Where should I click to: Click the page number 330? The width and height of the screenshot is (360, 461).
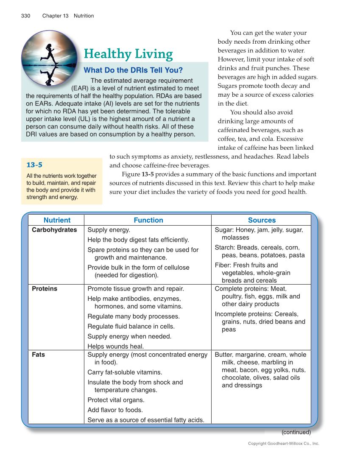[25, 16]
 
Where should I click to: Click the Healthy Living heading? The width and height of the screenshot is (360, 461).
[128, 54]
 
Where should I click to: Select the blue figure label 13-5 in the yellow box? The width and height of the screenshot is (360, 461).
[34, 165]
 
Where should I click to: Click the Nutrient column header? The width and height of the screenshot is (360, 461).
[57, 220]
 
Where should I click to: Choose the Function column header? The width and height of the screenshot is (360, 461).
[148, 220]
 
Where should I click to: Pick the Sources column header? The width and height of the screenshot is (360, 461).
[262, 220]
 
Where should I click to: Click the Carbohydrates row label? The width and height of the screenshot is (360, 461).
[54, 230]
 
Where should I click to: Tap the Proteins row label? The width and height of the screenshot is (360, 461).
[45, 289]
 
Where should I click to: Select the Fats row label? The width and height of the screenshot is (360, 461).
[38, 355]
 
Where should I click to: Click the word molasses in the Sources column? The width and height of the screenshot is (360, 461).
[235, 237]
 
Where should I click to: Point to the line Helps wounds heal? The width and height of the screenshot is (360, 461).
[115, 346]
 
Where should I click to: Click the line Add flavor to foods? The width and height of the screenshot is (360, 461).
[115, 410]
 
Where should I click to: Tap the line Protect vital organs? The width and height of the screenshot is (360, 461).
[116, 400]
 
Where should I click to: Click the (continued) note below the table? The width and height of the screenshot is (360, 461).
[296, 433]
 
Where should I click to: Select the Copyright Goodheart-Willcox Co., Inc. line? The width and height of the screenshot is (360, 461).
[283, 444]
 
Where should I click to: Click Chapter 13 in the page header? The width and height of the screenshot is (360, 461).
[55, 16]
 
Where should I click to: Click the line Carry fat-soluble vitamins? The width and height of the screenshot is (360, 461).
[125, 372]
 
